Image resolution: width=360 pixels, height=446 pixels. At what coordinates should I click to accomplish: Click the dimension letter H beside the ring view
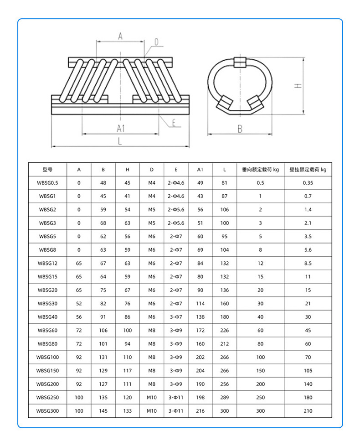[297, 86]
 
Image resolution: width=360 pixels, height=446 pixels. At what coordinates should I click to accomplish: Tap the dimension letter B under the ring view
[240, 129]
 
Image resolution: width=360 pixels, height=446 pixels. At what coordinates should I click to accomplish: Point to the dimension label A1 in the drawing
[120, 129]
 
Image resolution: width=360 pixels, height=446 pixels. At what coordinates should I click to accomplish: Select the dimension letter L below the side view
[120, 141]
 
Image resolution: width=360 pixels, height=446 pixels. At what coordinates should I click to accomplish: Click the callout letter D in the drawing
[156, 42]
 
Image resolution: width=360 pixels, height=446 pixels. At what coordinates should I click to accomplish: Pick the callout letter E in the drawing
[174, 122]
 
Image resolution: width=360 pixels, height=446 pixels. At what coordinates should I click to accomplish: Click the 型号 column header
[47, 170]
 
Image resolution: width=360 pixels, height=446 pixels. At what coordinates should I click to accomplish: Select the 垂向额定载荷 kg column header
[260, 170]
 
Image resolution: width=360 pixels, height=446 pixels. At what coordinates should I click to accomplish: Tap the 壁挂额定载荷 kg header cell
[308, 170]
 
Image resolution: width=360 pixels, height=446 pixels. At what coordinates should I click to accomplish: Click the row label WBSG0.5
[47, 183]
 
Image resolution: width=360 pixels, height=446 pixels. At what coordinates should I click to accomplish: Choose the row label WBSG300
[47, 411]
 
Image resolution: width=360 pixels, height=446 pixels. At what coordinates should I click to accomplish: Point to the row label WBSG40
[47, 317]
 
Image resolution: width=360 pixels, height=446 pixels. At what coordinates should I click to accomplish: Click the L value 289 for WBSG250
[225, 398]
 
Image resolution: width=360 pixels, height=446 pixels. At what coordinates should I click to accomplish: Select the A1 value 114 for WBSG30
[200, 304]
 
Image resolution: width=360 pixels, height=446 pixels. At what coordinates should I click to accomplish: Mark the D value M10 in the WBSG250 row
[152, 398]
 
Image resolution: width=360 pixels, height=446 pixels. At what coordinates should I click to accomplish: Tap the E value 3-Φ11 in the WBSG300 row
[176, 411]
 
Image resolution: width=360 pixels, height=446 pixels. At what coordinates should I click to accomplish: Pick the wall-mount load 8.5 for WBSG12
[308, 263]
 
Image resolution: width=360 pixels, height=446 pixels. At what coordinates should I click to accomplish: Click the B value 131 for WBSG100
[103, 358]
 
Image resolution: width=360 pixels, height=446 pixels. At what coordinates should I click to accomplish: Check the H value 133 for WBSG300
[128, 411]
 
